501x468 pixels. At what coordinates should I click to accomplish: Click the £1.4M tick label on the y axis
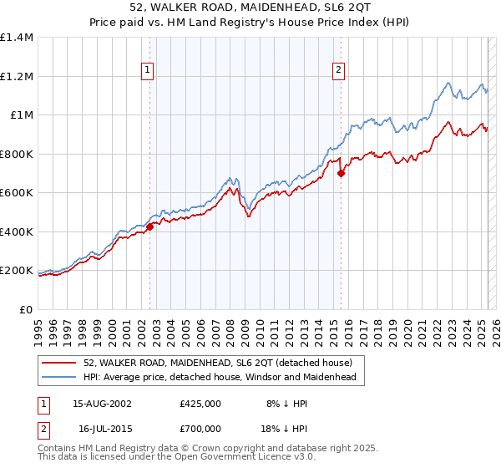tap(17, 38)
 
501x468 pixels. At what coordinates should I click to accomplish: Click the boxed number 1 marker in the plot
tap(147, 71)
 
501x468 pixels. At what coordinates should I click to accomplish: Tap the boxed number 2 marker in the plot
tap(339, 71)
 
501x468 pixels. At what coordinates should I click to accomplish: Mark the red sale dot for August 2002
tap(150, 226)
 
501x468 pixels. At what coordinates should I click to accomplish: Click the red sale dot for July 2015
tap(341, 174)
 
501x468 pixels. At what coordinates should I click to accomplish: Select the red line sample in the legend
tap(60, 363)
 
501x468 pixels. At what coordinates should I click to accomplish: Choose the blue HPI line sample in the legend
tap(60, 378)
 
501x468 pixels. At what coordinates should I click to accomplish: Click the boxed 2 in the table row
tap(42, 427)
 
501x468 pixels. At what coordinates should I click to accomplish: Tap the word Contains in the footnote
tap(59, 449)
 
